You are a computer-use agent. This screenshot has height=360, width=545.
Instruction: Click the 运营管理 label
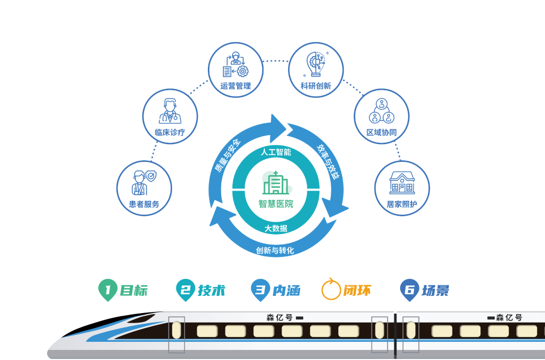[x=236, y=86]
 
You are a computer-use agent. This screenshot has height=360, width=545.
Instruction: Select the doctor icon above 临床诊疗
[x=170, y=111]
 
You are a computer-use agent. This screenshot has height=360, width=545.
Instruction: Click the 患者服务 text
[x=144, y=204]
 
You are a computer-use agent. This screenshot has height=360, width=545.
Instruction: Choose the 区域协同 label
[x=381, y=132]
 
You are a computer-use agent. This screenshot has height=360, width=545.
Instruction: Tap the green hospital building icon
[x=276, y=183]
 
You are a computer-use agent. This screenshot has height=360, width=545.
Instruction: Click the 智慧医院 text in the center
[x=276, y=204]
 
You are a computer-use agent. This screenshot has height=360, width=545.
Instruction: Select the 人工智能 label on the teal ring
[x=276, y=152]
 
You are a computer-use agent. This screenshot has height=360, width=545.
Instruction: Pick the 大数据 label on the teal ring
[x=276, y=228]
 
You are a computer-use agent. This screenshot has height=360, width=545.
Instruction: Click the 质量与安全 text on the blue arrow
[x=227, y=155]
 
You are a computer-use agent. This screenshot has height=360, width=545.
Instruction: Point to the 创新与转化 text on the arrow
[x=275, y=250]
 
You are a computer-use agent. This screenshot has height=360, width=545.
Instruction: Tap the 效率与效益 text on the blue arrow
[x=328, y=162]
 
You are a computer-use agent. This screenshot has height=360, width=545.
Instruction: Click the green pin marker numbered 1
[x=108, y=289]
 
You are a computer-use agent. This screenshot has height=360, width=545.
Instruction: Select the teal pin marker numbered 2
[x=185, y=289]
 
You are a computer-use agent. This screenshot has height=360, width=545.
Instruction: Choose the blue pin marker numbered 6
[x=409, y=289]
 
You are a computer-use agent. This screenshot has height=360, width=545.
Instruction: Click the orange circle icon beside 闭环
[x=331, y=289]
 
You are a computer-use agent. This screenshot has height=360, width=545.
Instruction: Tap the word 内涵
[x=286, y=291]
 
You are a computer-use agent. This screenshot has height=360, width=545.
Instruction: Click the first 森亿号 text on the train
[x=280, y=317]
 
